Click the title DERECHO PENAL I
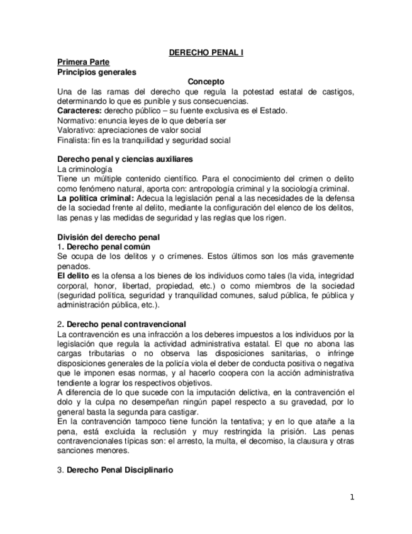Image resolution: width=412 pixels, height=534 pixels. pyautogui.click(x=206, y=53)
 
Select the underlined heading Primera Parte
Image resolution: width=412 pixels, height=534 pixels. pyautogui.click(x=83, y=62)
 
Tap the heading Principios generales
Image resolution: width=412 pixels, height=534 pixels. pyautogui.click(x=96, y=72)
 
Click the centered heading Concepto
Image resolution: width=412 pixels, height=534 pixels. pyautogui.click(x=206, y=82)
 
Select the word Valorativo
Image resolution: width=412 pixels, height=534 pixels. pyautogui.click(x=77, y=130)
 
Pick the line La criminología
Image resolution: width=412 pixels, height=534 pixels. pyautogui.click(x=85, y=169)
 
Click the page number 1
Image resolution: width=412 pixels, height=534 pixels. pyautogui.click(x=352, y=497)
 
